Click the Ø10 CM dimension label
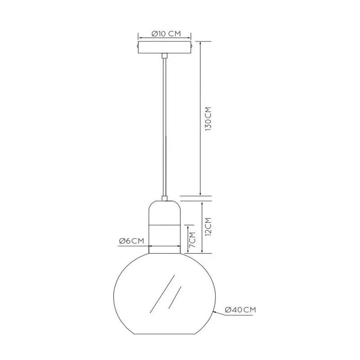tap(166, 34)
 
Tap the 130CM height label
tap(208, 119)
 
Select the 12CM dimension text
tap(208, 227)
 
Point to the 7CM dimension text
tap(192, 239)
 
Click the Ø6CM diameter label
tap(131, 241)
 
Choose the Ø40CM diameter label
tap(240, 310)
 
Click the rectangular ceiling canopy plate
tap(164, 48)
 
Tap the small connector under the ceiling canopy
tap(164, 55)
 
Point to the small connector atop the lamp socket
tap(164, 198)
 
